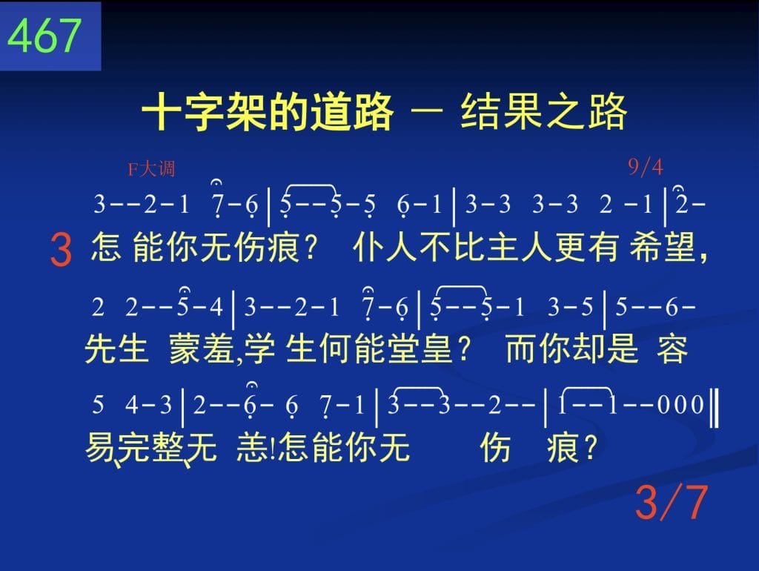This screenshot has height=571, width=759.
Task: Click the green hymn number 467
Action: click(x=44, y=36)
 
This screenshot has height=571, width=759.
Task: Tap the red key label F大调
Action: click(x=151, y=169)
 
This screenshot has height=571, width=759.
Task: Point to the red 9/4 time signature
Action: click(x=646, y=167)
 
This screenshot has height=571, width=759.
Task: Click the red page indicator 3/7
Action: click(x=671, y=502)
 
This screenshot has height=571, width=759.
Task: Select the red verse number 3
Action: click(x=61, y=250)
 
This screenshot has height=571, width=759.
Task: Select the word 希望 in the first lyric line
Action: click(x=662, y=247)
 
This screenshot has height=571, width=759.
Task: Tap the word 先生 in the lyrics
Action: click(x=116, y=349)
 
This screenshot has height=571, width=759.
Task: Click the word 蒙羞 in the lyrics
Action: click(x=202, y=349)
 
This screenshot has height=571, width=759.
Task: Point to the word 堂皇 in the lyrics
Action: click(x=420, y=349)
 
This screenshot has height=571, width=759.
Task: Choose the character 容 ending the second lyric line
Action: click(x=672, y=349)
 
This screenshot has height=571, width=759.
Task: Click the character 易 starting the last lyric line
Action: click(x=100, y=446)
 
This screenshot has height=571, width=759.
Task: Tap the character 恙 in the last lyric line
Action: click(x=252, y=446)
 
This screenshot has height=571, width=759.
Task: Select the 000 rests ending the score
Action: click(x=680, y=405)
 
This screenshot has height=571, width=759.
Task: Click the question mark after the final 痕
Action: click(x=591, y=447)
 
